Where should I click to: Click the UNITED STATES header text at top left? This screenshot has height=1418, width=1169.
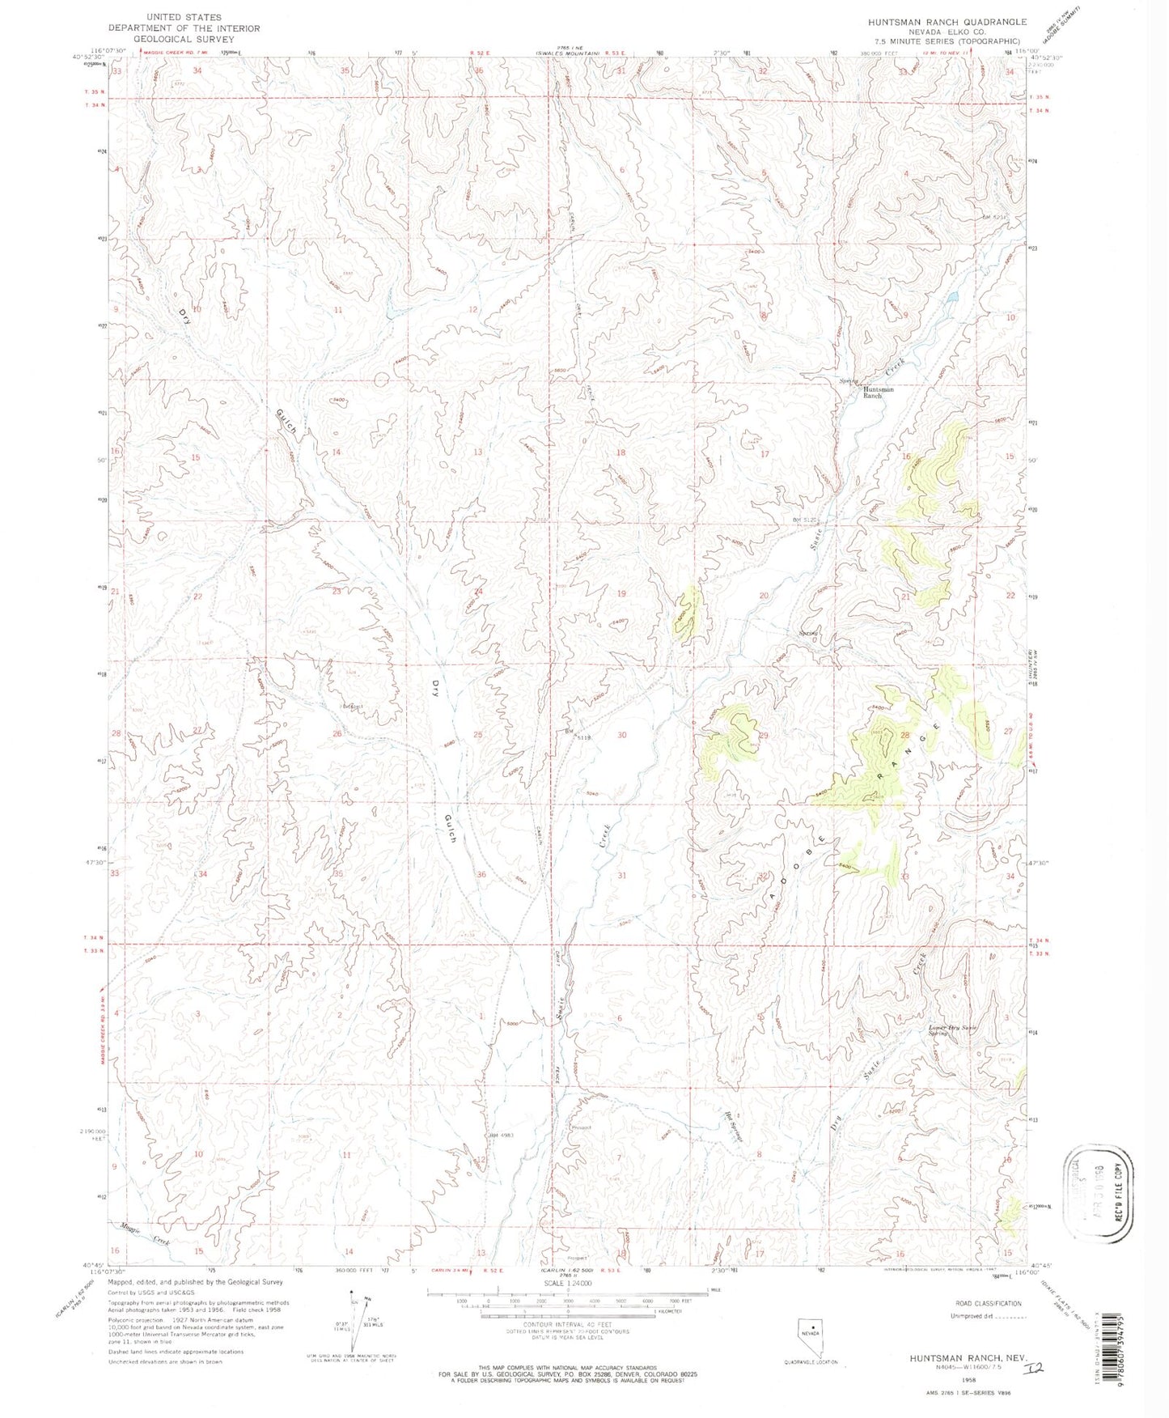(x=184, y=16)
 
